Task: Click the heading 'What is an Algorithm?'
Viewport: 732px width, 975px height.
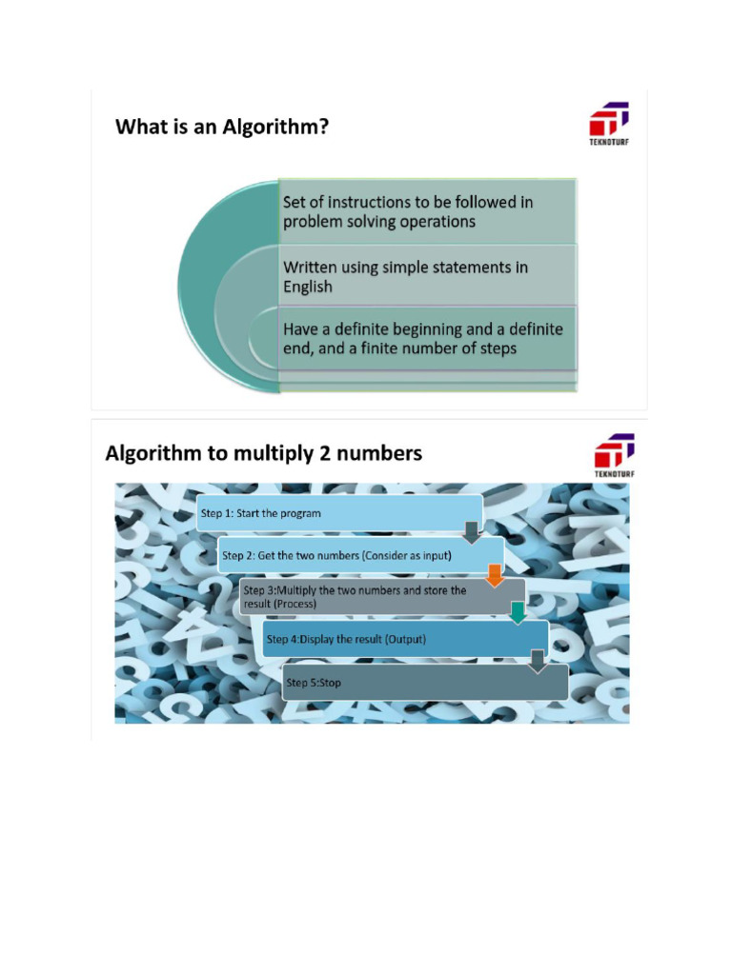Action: (221, 127)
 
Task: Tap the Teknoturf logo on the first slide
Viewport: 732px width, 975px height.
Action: (609, 124)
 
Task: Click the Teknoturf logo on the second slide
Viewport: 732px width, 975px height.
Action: (615, 455)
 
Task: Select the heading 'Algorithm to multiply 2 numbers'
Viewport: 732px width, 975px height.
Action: (263, 453)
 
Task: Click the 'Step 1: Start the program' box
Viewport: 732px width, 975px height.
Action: (339, 513)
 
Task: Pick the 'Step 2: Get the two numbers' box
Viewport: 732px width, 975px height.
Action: (360, 555)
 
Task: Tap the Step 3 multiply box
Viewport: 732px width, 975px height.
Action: (382, 597)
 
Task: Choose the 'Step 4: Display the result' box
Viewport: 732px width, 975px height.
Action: (405, 639)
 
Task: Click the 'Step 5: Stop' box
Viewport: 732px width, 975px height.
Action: (425, 682)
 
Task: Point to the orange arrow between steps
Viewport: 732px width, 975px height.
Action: (495, 576)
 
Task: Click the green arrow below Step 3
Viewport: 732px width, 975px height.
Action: (518, 612)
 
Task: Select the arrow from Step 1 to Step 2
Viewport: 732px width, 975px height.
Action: (473, 533)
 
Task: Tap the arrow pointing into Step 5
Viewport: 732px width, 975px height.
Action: (538, 662)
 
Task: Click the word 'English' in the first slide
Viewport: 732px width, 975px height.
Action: (308, 287)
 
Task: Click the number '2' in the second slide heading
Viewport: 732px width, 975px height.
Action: (324, 453)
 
